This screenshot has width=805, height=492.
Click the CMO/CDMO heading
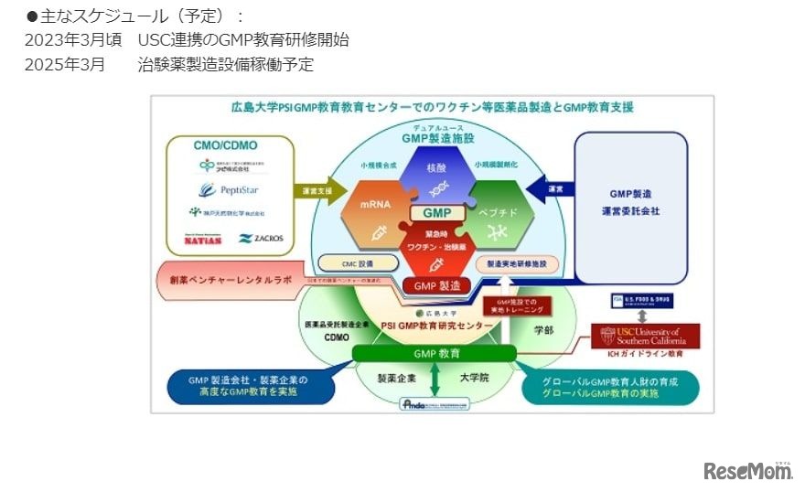click(226, 144)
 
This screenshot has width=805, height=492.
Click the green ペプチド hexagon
click(499, 210)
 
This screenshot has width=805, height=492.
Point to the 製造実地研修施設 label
click(516, 263)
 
